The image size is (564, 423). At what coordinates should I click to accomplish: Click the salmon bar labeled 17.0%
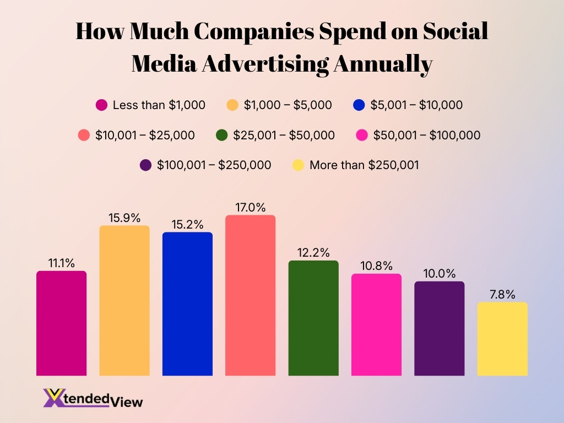pyautogui.click(x=250, y=295)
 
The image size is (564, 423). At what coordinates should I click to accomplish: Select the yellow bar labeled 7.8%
pyautogui.click(x=502, y=339)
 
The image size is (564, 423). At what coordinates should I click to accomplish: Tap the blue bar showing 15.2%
pyautogui.click(x=187, y=303)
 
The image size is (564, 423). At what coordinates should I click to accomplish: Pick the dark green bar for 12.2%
pyautogui.click(x=313, y=318)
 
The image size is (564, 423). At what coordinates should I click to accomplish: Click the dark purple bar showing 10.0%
pyautogui.click(x=439, y=328)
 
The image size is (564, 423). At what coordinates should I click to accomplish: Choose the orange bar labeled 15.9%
pyautogui.click(x=124, y=300)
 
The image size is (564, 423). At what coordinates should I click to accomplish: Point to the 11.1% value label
pyautogui.click(x=61, y=263)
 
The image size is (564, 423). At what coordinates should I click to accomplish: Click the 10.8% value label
pyautogui.click(x=376, y=266)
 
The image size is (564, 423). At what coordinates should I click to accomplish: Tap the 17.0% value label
pyautogui.click(x=250, y=208)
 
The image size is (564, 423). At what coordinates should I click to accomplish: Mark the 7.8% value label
pyautogui.click(x=502, y=295)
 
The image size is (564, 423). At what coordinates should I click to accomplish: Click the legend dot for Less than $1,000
pyautogui.click(x=101, y=105)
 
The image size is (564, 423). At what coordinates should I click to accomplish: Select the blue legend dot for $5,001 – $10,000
pyautogui.click(x=359, y=105)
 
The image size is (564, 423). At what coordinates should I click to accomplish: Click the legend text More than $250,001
pyautogui.click(x=364, y=165)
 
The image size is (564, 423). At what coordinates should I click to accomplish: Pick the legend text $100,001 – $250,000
pyautogui.click(x=214, y=165)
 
